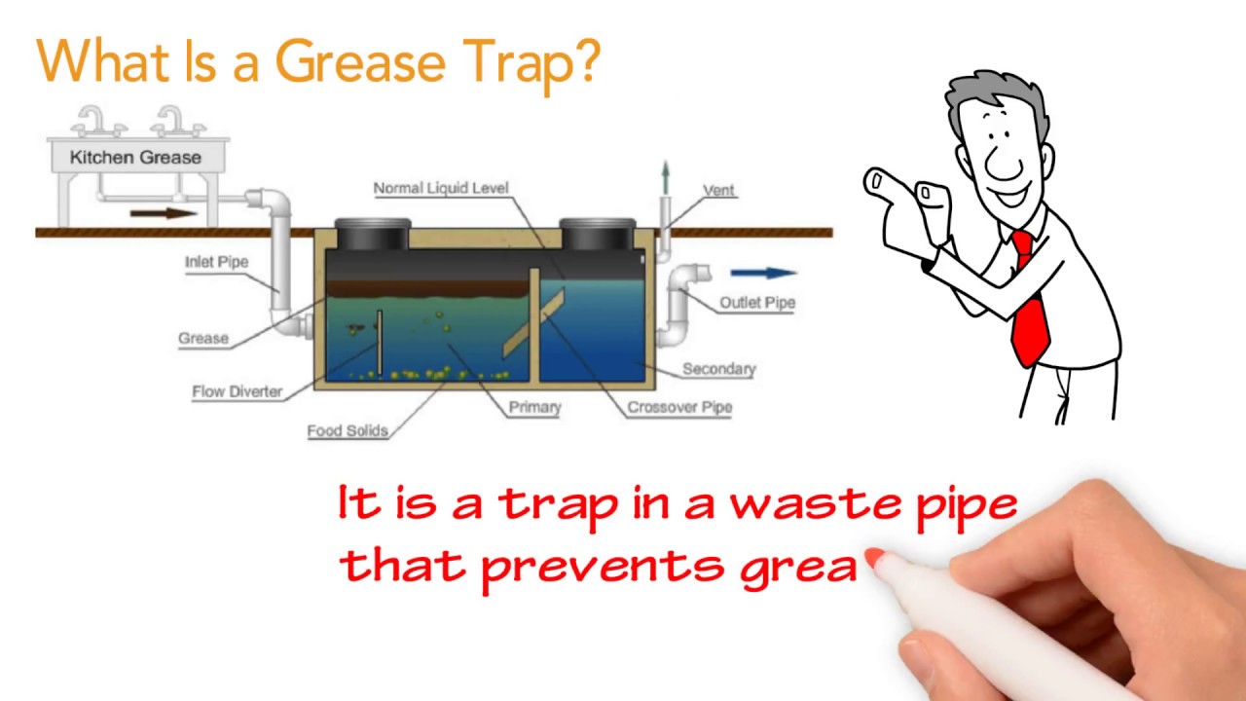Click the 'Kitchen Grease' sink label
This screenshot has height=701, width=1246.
point(135,157)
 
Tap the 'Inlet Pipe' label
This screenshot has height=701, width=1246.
point(216,262)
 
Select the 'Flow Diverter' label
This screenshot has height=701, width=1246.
point(237,391)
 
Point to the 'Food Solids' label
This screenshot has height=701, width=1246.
point(348,430)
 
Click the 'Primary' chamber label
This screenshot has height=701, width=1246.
point(534,408)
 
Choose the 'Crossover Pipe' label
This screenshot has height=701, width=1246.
point(678,407)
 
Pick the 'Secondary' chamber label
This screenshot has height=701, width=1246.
point(718,369)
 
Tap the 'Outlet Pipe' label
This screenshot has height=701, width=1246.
point(756,303)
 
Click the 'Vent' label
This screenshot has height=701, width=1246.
point(718,191)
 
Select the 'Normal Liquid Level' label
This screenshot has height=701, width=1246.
point(441,188)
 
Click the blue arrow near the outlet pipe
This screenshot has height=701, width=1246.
point(763,274)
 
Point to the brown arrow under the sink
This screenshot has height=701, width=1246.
point(164,211)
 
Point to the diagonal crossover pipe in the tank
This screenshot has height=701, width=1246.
point(533,321)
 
